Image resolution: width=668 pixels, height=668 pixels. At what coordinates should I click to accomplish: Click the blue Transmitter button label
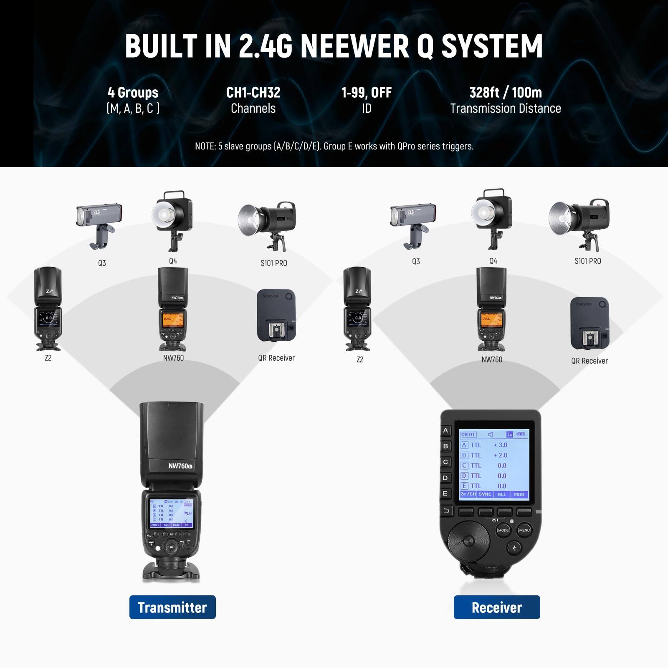click(172, 607)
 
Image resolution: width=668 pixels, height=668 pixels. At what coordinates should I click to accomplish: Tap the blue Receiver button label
click(497, 607)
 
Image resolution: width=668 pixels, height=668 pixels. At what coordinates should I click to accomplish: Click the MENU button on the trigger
click(524, 530)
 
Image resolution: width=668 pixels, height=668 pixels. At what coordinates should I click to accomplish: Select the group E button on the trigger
click(445, 493)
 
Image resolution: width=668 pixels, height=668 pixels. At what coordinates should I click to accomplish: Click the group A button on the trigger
click(445, 430)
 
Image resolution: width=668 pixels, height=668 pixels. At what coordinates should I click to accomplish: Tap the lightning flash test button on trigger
click(514, 547)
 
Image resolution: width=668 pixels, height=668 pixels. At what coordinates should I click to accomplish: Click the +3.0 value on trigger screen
click(500, 445)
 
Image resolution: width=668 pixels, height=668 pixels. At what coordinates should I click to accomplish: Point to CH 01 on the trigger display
click(468, 435)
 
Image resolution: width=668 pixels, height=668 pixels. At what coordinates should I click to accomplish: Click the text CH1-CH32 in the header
click(253, 93)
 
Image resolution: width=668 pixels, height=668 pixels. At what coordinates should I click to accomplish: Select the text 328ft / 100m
click(506, 93)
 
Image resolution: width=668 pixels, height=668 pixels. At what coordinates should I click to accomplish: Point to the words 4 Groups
click(133, 93)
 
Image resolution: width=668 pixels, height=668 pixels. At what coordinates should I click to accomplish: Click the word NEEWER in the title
click(355, 46)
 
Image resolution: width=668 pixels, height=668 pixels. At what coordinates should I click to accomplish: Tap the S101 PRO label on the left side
click(274, 263)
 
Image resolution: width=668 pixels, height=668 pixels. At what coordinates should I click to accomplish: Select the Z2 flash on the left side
click(48, 309)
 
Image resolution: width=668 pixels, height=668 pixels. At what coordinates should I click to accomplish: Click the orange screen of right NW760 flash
click(491, 319)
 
